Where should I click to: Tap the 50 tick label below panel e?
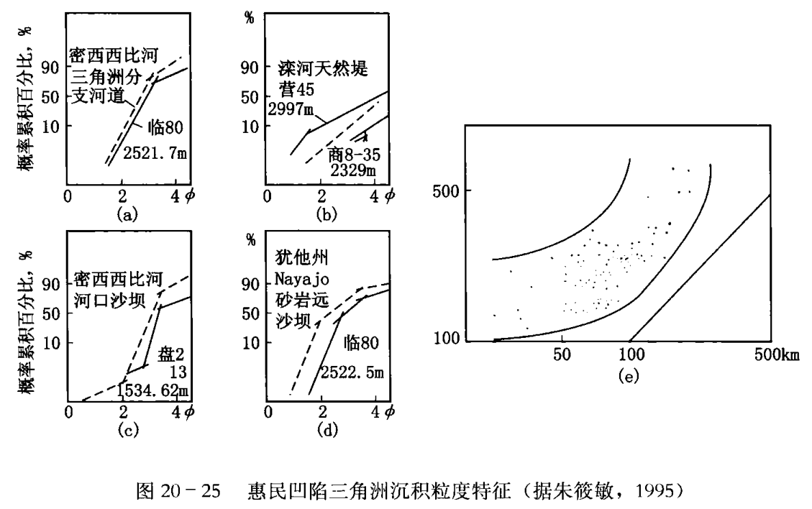pyautogui.click(x=561, y=354)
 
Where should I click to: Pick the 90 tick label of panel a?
pyautogui.click(x=48, y=68)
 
